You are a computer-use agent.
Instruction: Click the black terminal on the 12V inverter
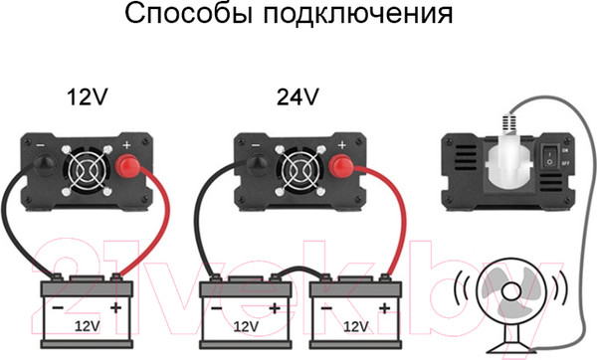tap(45, 165)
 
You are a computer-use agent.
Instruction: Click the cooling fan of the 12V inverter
tap(87, 168)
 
